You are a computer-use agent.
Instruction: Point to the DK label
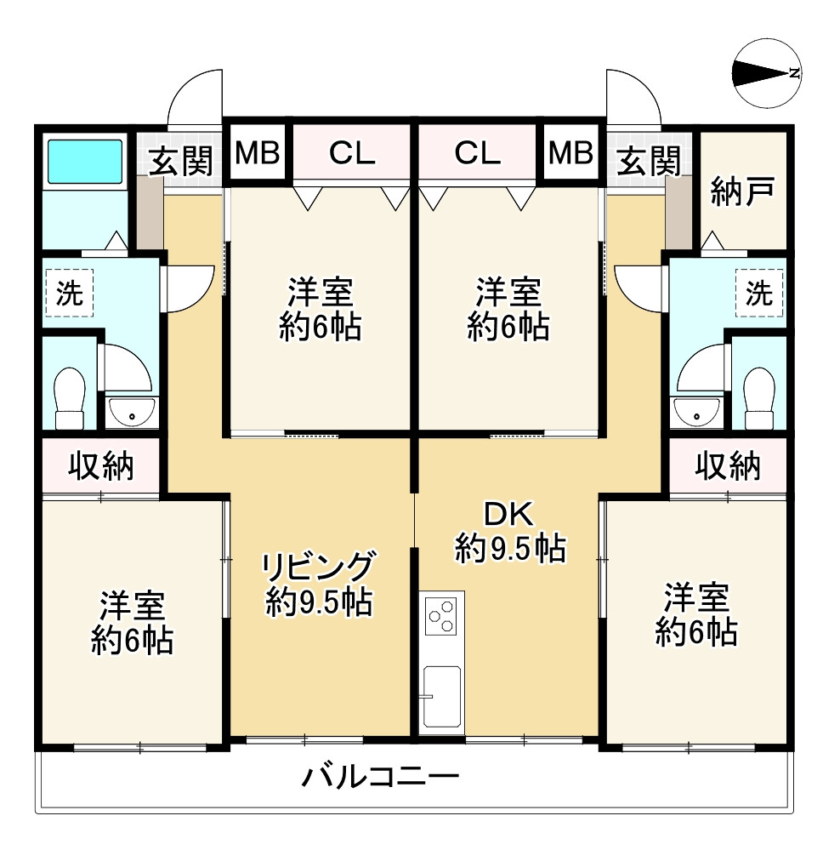(508, 513)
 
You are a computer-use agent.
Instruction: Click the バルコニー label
(381, 777)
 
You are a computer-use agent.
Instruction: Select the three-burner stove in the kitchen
(442, 615)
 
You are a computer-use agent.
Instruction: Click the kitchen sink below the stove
(442, 696)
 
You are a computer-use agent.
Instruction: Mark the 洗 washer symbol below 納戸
(758, 294)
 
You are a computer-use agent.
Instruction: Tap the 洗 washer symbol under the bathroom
(69, 294)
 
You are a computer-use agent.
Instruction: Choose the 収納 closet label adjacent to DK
(728, 465)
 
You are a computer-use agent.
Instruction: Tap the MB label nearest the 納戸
(570, 153)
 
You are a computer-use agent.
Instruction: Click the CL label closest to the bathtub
(352, 153)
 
